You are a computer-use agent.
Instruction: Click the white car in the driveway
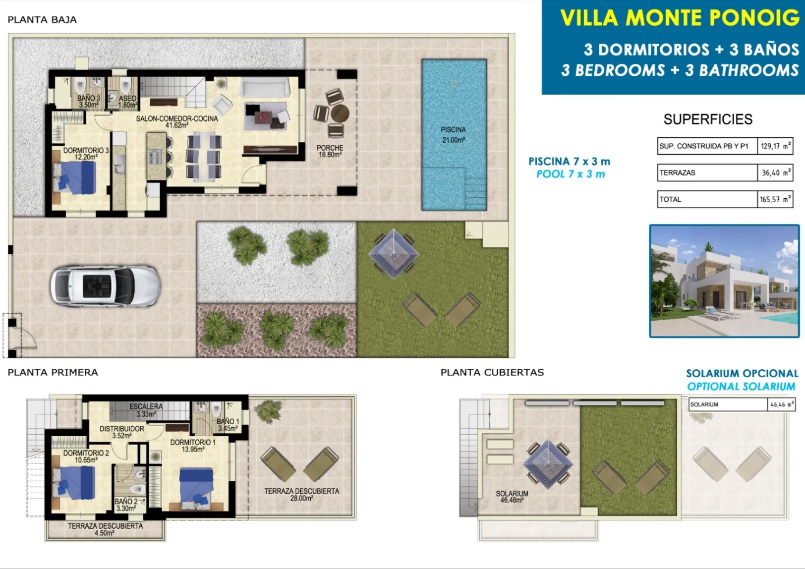pos(105,286)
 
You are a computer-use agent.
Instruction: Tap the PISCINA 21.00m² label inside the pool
pos(453,135)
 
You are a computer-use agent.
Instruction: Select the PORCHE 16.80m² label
pos(330,151)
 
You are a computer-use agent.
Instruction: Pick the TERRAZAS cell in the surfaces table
pos(707,173)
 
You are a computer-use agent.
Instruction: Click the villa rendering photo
pos(725,281)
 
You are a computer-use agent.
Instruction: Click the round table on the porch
pos(340,113)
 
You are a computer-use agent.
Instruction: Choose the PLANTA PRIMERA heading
pos(53,372)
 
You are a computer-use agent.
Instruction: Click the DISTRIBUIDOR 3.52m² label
pos(122,432)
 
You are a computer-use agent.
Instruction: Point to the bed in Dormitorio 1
pos(196,487)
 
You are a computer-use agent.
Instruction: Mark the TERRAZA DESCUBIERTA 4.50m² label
pos(105,529)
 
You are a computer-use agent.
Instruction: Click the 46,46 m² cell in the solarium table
pos(781,404)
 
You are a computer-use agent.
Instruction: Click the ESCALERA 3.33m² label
pos(146,410)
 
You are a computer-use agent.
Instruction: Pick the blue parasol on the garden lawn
pos(394,254)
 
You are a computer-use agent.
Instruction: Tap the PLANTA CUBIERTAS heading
pos(492,372)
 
